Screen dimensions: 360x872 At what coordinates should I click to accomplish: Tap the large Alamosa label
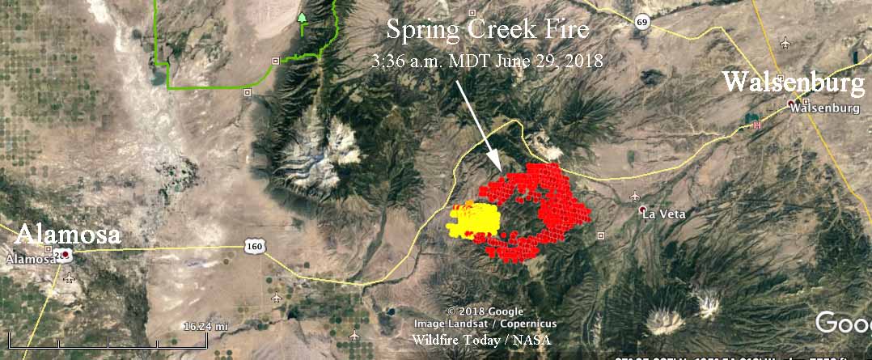point(68,235)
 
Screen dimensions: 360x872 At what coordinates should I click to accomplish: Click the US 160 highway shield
point(253,246)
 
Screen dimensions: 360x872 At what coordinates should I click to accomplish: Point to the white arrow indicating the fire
point(478,121)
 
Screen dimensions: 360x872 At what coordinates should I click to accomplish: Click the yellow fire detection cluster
point(476,219)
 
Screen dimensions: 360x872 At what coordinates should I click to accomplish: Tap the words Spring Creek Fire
point(487,31)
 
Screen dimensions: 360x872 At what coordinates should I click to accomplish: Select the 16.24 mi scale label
point(205,325)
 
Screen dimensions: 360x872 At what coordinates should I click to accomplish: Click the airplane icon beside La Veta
point(634,197)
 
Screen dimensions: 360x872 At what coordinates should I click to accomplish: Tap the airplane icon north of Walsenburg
point(786,42)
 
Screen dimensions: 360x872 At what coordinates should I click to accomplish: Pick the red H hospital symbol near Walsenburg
point(757,125)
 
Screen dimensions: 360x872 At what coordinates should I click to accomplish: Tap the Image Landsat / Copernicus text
point(485,324)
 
